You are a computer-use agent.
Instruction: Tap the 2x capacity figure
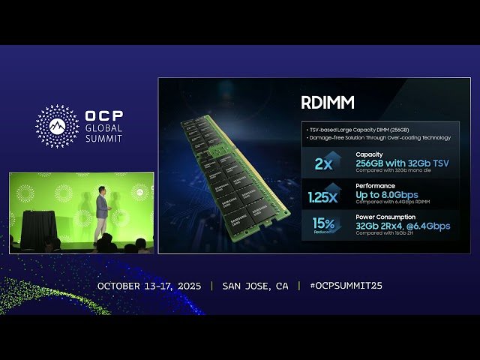click(324, 163)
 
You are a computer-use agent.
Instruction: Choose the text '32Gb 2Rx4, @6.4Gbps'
click(403, 224)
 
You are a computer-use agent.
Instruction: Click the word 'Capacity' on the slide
click(369, 154)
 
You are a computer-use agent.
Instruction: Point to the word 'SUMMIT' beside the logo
click(103, 139)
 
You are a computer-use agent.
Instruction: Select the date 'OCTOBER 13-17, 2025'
click(150, 286)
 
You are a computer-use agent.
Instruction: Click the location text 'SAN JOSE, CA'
click(255, 286)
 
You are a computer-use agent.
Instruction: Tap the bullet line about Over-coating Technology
click(379, 137)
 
